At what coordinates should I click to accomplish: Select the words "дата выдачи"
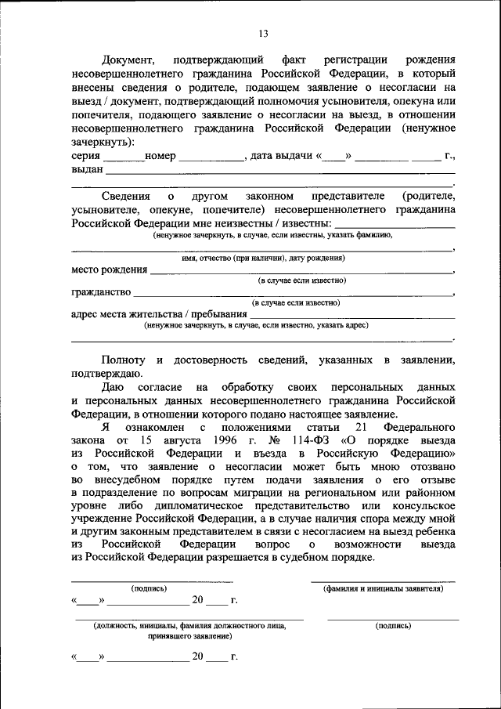coord(280,156)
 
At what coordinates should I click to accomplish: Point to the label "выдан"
coord(88,169)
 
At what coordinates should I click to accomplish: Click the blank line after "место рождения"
coord(301,271)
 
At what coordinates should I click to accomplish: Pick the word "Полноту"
coord(122,360)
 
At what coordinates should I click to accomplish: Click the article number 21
coord(361,427)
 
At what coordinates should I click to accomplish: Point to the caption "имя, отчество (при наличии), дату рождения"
coord(263,258)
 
